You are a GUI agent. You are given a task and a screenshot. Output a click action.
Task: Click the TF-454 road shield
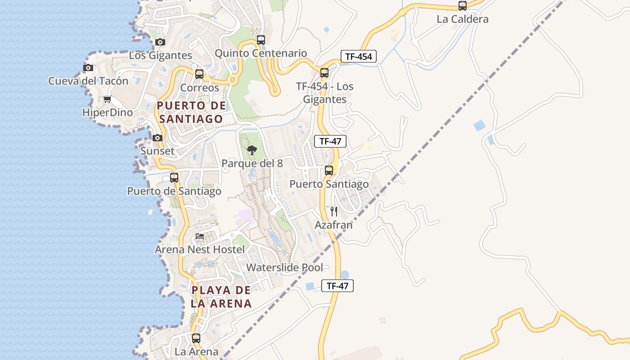pos(358,56)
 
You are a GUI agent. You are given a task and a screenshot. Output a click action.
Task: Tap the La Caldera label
pos(463,19)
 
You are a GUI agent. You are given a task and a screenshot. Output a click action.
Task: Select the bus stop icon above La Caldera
pos(463,6)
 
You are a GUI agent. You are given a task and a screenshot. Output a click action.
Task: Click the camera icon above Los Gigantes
pos(160,42)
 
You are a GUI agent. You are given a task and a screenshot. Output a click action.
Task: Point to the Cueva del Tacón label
pos(88,81)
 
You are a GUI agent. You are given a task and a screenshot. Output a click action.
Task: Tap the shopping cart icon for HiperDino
pos(107,99)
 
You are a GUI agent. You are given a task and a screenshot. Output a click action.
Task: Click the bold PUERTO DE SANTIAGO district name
pos(191,112)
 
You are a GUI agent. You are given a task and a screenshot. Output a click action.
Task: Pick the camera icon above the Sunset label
pos(157,138)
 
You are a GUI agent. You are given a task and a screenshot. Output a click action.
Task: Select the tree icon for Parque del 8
pos(252,150)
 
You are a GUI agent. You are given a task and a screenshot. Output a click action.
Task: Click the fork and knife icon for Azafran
pos(334,211)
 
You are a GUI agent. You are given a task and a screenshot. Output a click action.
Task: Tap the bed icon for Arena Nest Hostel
pos(200,236)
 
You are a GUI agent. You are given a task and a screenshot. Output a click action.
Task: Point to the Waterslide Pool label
pos(284,267)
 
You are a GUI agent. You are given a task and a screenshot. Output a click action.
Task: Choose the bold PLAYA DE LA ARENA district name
pos(221,297)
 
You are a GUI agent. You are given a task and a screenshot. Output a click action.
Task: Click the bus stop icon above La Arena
pos(196,338)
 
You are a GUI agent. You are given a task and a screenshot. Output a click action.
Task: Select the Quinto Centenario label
pos(261,53)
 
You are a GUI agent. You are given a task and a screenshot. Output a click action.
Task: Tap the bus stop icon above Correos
pos(199,74)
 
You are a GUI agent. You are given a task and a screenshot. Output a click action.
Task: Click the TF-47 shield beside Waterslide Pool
pos(337,285)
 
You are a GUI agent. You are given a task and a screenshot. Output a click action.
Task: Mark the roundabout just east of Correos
pos(232,80)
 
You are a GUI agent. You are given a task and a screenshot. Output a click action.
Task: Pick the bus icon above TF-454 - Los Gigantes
pos(324,73)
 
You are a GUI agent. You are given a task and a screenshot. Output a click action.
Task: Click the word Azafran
pos(333,225)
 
